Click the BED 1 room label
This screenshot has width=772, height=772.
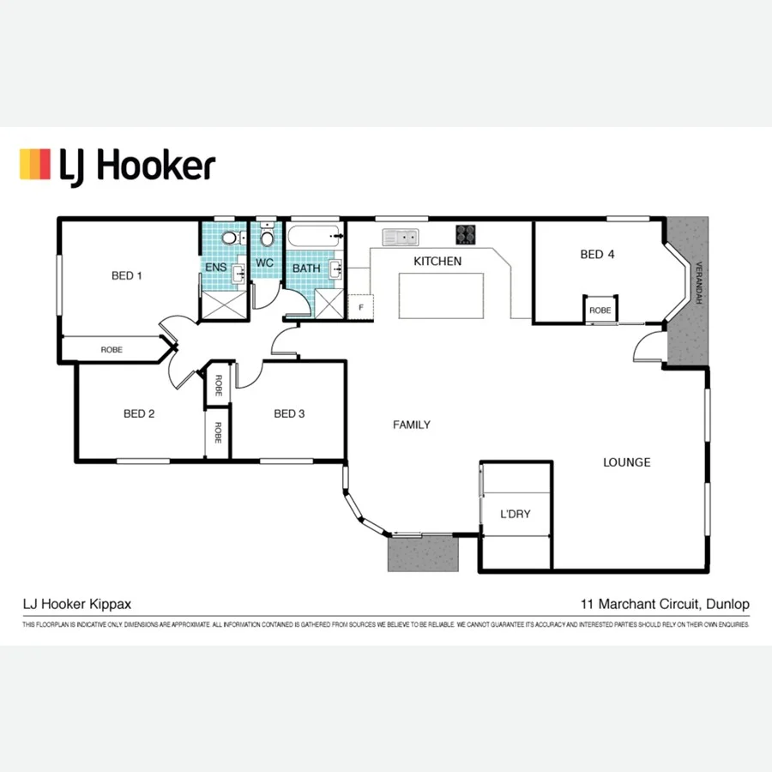126,275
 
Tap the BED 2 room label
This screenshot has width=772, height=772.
139,413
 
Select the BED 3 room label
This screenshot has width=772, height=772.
289,413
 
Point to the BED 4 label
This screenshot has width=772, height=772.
597,254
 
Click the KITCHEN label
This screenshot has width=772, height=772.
437,261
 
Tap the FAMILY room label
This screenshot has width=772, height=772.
412,425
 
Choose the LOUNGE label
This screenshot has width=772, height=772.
626,462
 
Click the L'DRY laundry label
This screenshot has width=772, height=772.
515,515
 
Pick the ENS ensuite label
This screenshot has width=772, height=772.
215,268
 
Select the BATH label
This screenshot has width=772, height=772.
305,268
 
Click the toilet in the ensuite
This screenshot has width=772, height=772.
229,238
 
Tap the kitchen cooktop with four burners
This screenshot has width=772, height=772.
466,233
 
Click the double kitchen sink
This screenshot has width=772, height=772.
400,235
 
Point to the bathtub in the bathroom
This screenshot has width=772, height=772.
314,235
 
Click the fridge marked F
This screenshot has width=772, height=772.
361,306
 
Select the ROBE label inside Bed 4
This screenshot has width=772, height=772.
600,310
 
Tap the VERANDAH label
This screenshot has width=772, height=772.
699,282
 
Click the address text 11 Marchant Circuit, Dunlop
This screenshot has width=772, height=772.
665,604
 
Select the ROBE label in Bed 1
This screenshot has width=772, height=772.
112,349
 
